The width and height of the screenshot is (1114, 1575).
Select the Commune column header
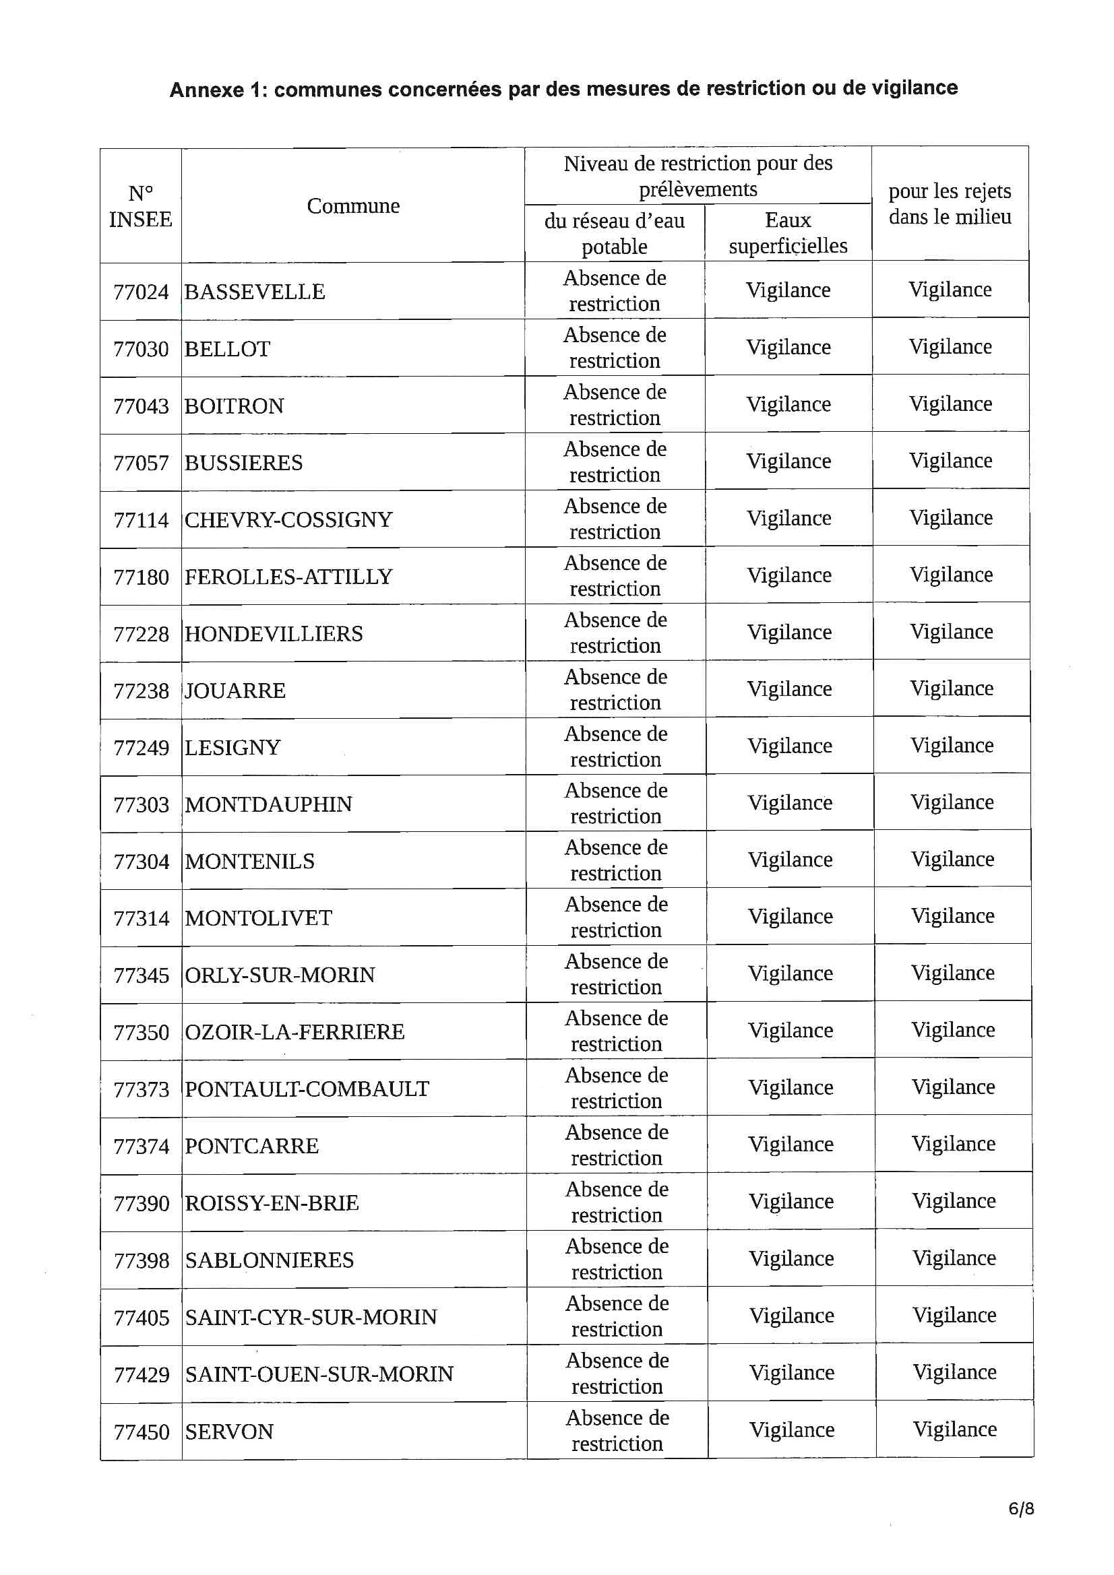(353, 205)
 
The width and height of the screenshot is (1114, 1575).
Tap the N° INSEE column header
(140, 205)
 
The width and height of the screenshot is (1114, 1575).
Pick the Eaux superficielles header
(788, 232)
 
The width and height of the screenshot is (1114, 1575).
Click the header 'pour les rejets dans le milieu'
(950, 203)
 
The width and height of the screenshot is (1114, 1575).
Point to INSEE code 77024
(141, 292)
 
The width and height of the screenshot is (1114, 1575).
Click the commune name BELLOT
(227, 349)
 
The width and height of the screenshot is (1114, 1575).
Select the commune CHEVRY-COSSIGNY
(288, 520)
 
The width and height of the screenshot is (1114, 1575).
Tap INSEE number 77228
(141, 634)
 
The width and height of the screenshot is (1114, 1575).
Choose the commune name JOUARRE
(235, 690)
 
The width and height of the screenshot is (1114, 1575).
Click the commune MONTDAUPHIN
(268, 804)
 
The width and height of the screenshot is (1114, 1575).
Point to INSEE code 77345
(141, 975)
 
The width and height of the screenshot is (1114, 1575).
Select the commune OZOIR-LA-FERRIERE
(295, 1032)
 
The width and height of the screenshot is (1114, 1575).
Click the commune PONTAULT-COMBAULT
(307, 1089)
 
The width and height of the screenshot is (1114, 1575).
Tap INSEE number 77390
(141, 1203)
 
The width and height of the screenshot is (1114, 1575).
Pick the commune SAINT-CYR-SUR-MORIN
(311, 1317)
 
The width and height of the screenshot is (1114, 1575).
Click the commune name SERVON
(229, 1432)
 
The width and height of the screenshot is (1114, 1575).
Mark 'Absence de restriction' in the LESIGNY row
(616, 746)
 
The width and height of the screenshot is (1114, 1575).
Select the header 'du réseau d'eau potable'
(615, 233)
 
